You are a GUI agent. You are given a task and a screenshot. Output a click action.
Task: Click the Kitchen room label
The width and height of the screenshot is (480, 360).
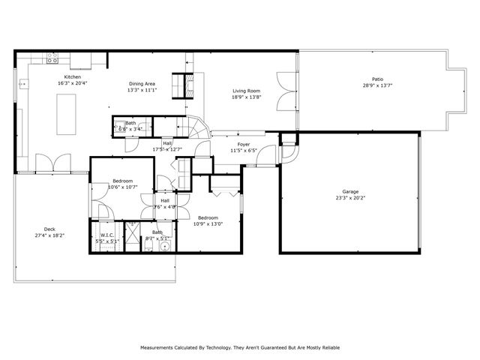pyautogui.click(x=72, y=77)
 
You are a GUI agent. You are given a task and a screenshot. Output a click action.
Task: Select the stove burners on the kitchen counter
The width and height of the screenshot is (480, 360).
pyautogui.click(x=53, y=56)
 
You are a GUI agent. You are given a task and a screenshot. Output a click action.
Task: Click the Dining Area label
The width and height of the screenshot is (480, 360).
pyautogui.click(x=142, y=84)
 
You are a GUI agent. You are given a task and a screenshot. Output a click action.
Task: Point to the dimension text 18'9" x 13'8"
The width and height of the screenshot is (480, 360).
pyautogui.click(x=245, y=97)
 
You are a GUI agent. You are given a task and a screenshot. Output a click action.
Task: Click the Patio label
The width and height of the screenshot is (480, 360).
pyautogui.click(x=378, y=79)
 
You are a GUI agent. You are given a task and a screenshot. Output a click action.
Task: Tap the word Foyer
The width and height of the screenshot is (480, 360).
pyautogui.click(x=244, y=144)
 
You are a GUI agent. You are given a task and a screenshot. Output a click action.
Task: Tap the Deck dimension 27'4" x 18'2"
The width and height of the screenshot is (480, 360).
pyautogui.click(x=49, y=235)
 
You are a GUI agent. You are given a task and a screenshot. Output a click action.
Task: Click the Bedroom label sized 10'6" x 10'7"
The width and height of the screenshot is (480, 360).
pyautogui.click(x=122, y=181)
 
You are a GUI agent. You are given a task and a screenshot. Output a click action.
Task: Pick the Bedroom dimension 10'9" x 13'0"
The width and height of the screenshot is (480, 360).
pyautogui.click(x=209, y=223)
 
